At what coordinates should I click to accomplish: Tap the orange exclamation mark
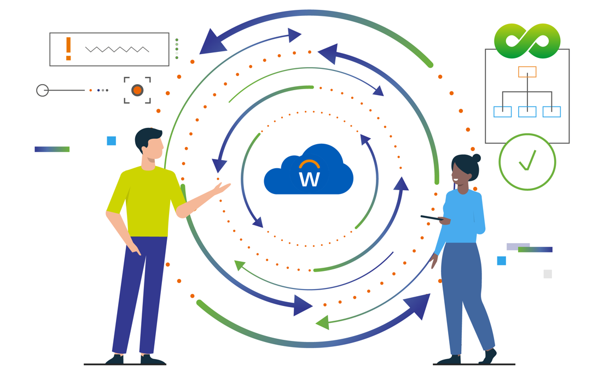pos(68,48)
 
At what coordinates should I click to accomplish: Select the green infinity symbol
pos(527,40)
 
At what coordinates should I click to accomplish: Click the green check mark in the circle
pos(527,161)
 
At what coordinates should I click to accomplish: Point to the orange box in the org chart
pos(527,72)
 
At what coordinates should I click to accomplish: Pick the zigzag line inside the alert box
pos(117,49)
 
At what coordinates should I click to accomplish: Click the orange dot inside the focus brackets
pos(137,90)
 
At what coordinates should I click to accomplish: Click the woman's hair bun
pos(476,158)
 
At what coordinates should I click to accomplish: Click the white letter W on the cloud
pos(309,179)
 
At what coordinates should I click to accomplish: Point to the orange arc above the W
pos(309,163)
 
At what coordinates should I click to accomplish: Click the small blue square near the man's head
pos(112,141)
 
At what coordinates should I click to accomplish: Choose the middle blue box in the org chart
pos(527,111)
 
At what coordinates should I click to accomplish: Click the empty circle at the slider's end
pos(43,90)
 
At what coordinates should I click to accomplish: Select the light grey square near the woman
pos(548,274)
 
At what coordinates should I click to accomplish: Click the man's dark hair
pos(147,137)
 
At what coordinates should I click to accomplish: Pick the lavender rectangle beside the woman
pos(518,246)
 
